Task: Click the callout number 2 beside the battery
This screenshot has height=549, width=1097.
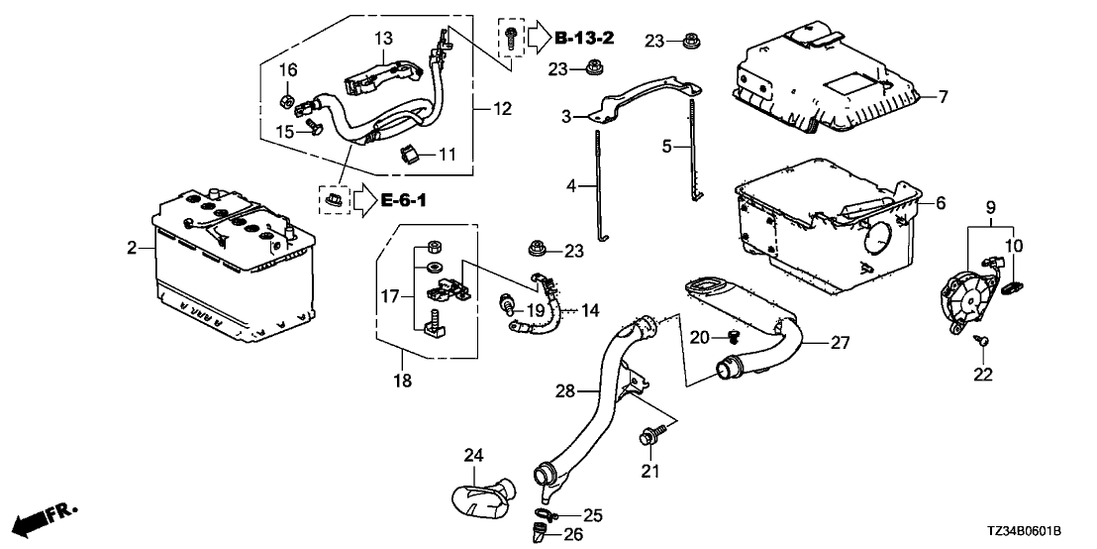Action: click(133, 249)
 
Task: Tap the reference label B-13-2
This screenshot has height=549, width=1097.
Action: click(584, 39)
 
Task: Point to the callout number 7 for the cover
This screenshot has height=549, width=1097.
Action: click(943, 97)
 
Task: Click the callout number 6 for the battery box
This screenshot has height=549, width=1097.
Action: click(940, 202)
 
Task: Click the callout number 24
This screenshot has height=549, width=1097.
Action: click(473, 456)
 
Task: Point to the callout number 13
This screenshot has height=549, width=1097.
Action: click(383, 38)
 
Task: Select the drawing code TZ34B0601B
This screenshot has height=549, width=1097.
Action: click(1039, 533)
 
